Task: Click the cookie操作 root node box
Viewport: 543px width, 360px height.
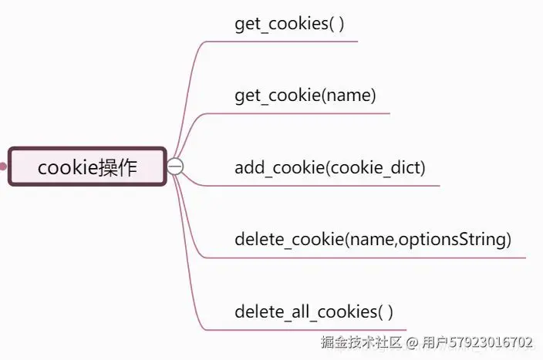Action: coord(87,167)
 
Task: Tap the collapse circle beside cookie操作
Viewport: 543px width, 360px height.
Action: coord(176,167)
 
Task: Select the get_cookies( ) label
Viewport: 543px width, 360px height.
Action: coord(289,23)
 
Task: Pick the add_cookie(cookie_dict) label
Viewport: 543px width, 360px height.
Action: coord(329,167)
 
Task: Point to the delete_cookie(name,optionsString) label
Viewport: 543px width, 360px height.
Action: coord(373,240)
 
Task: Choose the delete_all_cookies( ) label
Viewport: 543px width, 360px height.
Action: coord(314,312)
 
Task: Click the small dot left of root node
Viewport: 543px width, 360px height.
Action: coord(3,167)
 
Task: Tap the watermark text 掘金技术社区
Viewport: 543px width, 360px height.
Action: coord(361,341)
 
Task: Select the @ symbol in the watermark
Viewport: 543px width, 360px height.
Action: coord(412,341)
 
